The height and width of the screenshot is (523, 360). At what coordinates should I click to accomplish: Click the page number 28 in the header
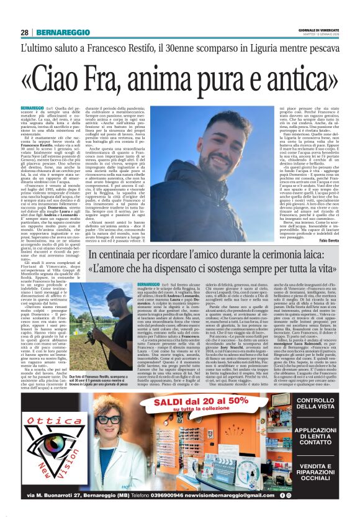[x=25, y=33]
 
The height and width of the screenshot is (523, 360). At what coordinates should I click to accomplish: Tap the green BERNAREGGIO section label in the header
[x=58, y=33]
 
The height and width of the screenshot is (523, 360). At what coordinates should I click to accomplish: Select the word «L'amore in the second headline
[x=114, y=271]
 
